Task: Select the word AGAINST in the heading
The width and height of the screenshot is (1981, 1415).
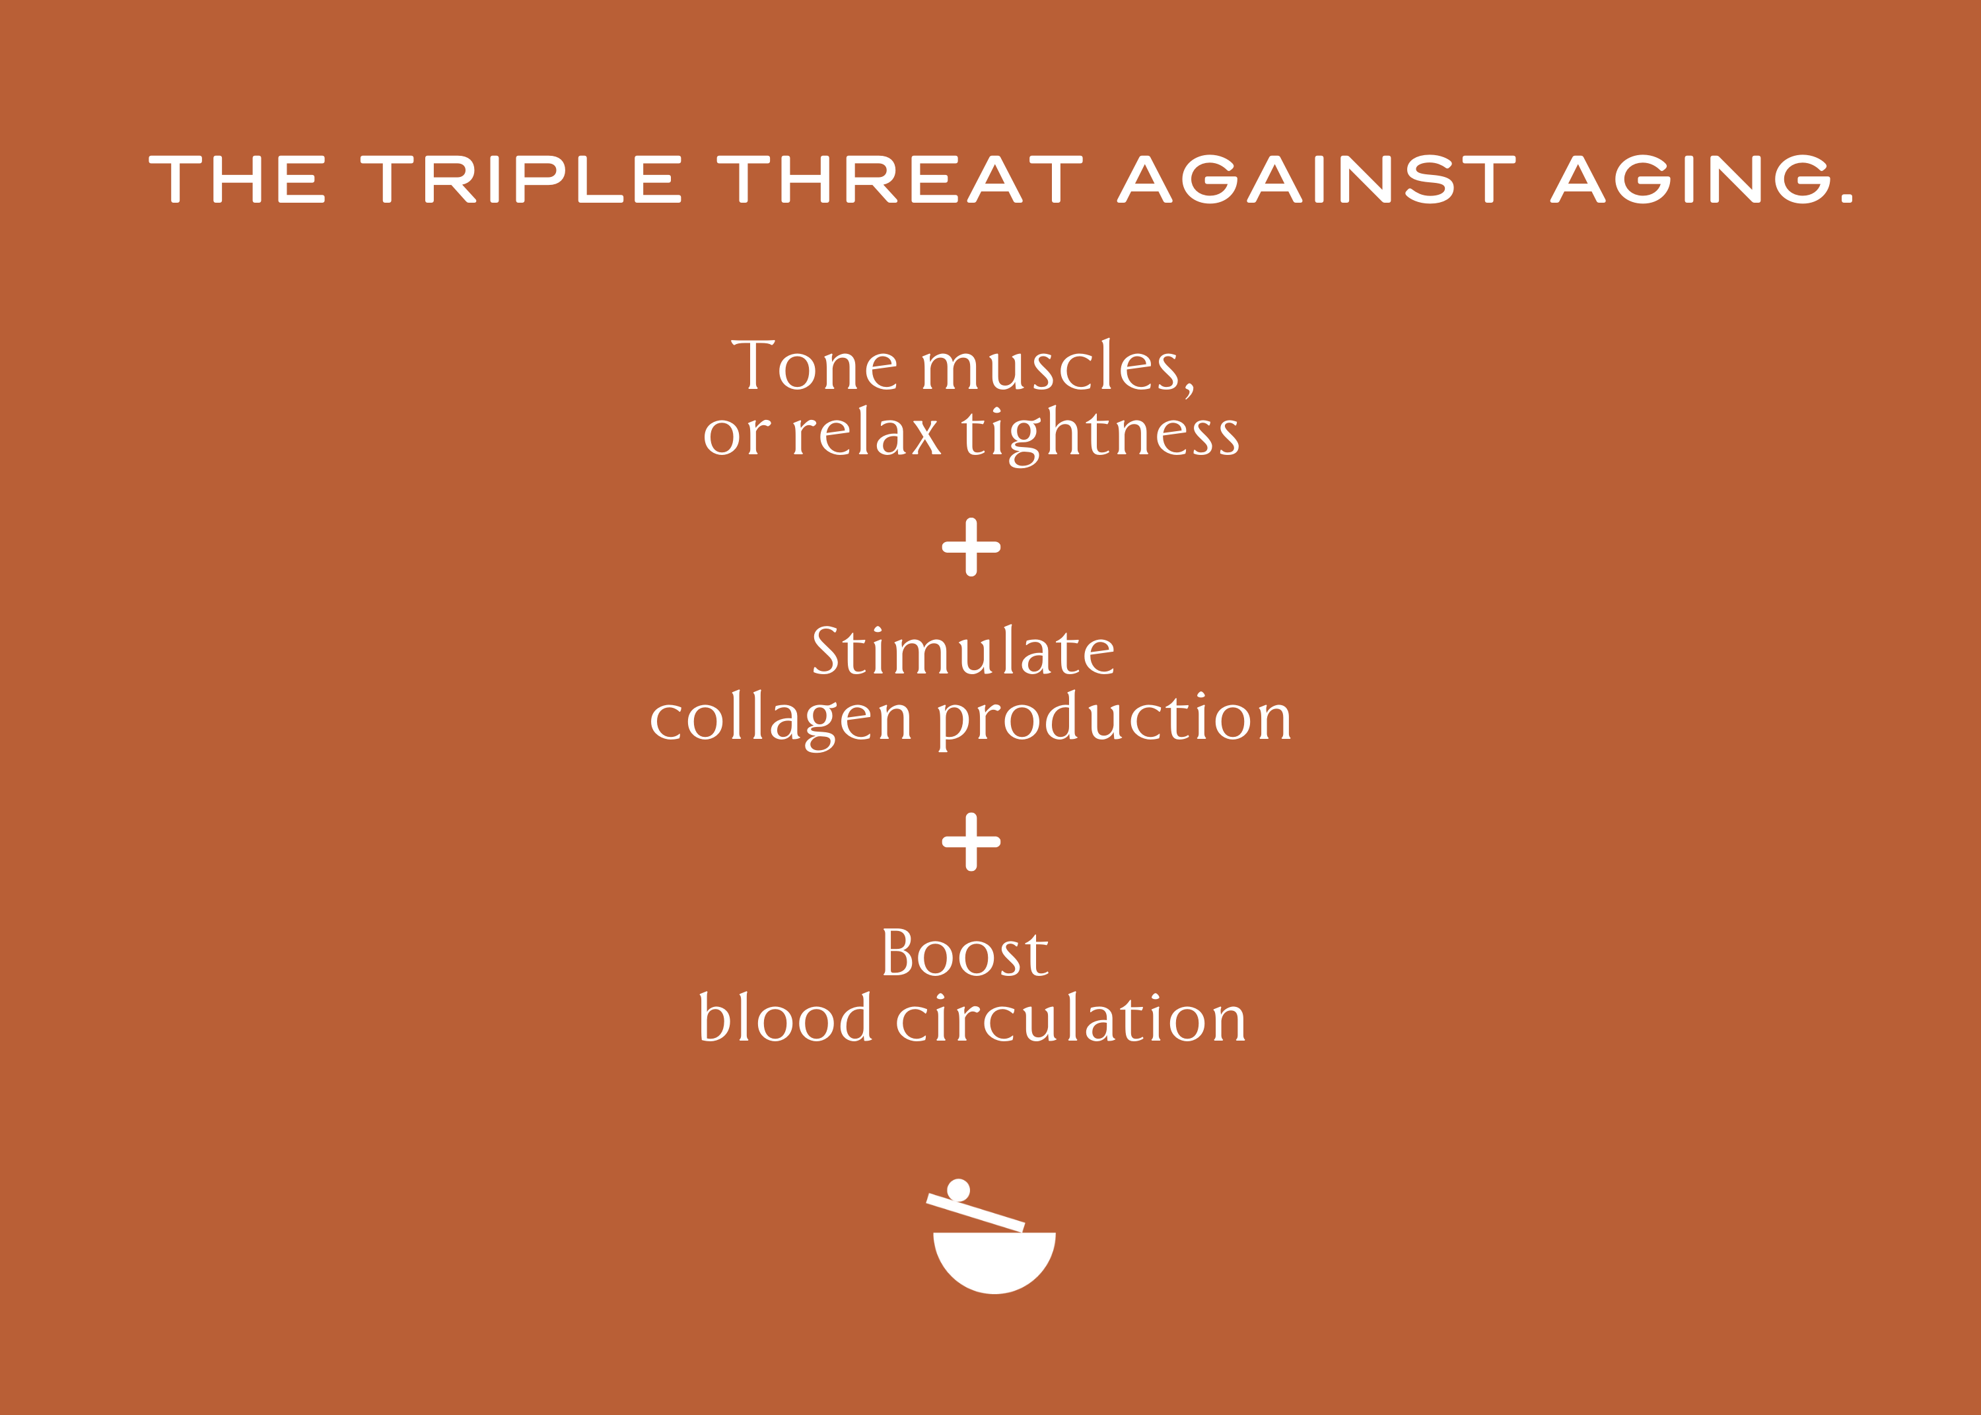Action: (1316, 180)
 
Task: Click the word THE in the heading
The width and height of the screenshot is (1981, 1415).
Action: (237, 180)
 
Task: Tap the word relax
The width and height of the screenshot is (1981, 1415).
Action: (867, 431)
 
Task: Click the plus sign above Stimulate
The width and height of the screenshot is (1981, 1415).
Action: (971, 547)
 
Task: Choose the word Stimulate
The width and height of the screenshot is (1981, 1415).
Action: (963, 650)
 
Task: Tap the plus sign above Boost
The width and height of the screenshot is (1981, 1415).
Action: (971, 842)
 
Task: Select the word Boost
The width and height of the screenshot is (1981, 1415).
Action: (965, 951)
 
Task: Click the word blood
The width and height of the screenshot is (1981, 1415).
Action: (785, 1017)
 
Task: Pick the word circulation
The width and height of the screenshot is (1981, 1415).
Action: (1072, 1017)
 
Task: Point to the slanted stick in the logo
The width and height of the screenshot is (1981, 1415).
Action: (975, 1213)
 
